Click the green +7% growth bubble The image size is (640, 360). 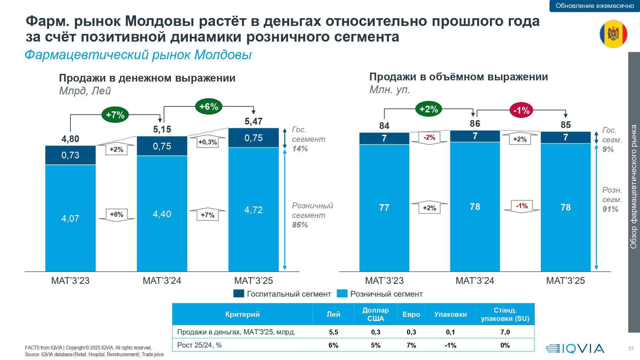pyautogui.click(x=115, y=115)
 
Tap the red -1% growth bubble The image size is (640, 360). pyautogui.click(x=521, y=110)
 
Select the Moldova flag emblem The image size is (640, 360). pyautogui.click(x=613, y=34)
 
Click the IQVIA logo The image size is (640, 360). pyautogui.click(x=575, y=348)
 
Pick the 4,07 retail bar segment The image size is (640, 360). pyautogui.click(x=70, y=218)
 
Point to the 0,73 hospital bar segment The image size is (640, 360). pyautogui.click(x=70, y=155)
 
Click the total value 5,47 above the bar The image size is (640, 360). pyautogui.click(x=253, y=121)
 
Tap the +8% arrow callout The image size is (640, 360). pyautogui.click(x=116, y=214)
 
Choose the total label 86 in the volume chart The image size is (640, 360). pyautogui.click(x=475, y=124)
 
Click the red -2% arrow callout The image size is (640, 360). pyautogui.click(x=429, y=138)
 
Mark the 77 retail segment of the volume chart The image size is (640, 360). pyautogui.click(x=384, y=208)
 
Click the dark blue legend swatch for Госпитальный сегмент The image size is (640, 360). pyautogui.click(x=239, y=293)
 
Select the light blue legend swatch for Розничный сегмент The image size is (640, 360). pyautogui.click(x=342, y=293)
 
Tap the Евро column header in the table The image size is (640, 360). pyautogui.click(x=411, y=314)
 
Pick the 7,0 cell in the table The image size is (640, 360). pyautogui.click(x=505, y=332)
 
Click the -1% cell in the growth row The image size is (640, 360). pyautogui.click(x=450, y=345)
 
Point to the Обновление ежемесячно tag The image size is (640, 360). pyautogui.click(x=595, y=6)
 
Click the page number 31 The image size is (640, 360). pyautogui.click(x=631, y=348)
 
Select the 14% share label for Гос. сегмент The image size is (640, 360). pyautogui.click(x=300, y=149)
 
